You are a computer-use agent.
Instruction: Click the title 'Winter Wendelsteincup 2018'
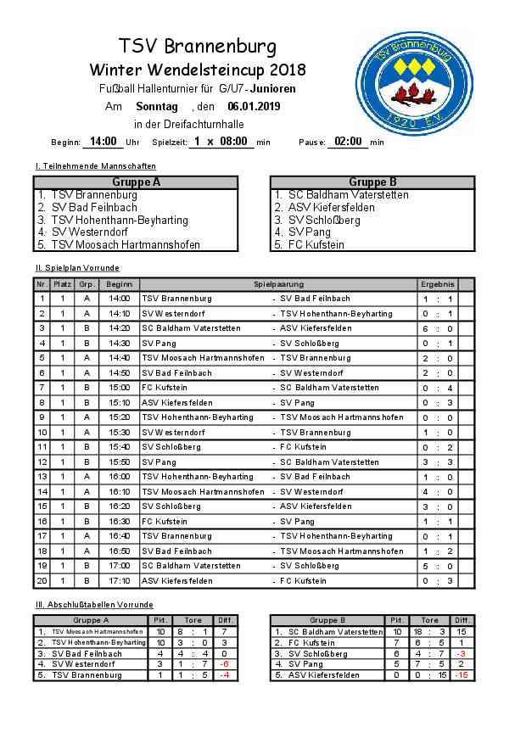tap(198, 70)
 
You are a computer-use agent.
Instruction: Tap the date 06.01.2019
tap(253, 107)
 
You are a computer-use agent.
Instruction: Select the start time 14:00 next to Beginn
tap(103, 142)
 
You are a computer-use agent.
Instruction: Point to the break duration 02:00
tap(347, 142)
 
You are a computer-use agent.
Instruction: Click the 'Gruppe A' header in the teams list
tap(136, 182)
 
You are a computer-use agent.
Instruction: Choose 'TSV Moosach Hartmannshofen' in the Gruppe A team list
tap(126, 244)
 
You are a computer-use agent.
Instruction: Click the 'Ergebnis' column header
tap(437, 284)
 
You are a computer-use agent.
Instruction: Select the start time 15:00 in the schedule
tap(120, 387)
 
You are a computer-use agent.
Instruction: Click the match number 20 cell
tap(42, 580)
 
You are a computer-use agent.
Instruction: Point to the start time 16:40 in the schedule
tap(120, 536)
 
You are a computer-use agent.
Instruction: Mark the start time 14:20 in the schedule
tap(120, 328)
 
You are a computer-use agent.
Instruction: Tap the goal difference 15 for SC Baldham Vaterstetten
tap(462, 632)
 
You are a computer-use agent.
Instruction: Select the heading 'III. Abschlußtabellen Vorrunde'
tap(94, 604)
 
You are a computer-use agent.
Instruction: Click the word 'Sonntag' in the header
tap(157, 107)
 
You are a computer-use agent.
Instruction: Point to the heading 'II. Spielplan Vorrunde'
tap(77, 268)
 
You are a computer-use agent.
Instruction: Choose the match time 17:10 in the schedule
tap(120, 580)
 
